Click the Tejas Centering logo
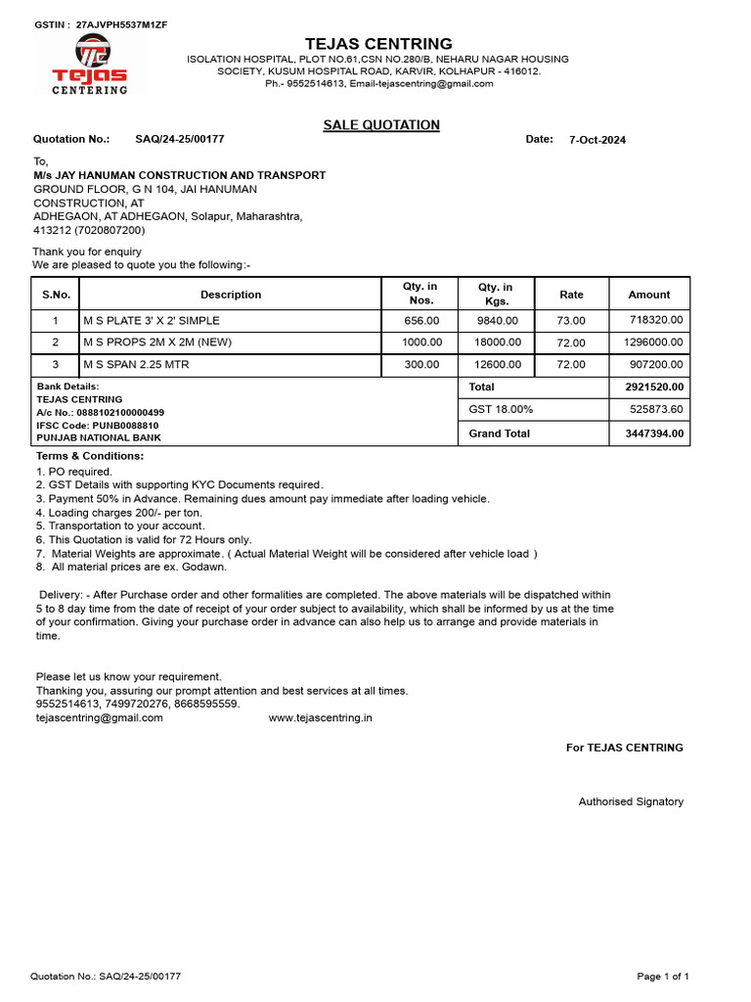pyautogui.click(x=89, y=64)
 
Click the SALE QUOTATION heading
pyautogui.click(x=381, y=125)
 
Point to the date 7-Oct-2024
pyautogui.click(x=596, y=140)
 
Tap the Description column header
pyautogui.click(x=231, y=295)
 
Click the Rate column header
pyautogui.click(x=571, y=295)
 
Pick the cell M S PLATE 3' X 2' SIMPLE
pyautogui.click(x=152, y=321)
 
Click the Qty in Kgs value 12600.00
pyautogui.click(x=498, y=365)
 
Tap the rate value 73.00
pyautogui.click(x=571, y=321)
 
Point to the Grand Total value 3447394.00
pyautogui.click(x=654, y=433)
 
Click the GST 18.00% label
pyautogui.click(x=501, y=409)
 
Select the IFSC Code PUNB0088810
pyautogui.click(x=98, y=426)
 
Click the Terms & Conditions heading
pyautogui.click(x=90, y=456)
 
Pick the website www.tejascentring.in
pyautogui.click(x=320, y=717)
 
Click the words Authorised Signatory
pyautogui.click(x=631, y=801)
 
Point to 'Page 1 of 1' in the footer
pyautogui.click(x=663, y=976)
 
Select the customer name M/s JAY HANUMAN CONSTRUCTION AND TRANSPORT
pyautogui.click(x=180, y=175)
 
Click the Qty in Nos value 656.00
pyautogui.click(x=421, y=321)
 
